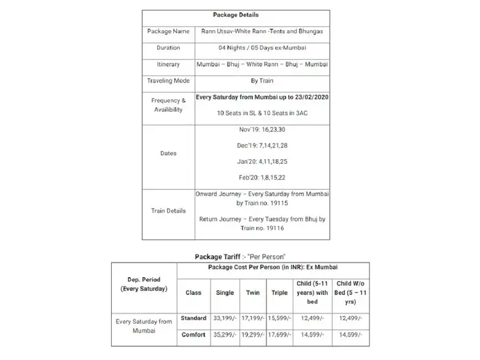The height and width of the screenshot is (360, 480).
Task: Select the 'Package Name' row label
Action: (168, 31)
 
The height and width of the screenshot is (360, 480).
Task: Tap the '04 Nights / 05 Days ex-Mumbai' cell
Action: (262, 48)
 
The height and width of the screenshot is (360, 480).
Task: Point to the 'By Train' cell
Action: (262, 81)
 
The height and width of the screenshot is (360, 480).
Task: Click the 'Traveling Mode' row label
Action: (168, 81)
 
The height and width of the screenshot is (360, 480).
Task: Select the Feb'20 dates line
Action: (262, 178)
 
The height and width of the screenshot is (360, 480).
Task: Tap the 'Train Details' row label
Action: (168, 211)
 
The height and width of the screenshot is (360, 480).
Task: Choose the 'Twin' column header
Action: (253, 292)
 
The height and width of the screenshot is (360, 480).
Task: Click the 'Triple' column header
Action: (279, 292)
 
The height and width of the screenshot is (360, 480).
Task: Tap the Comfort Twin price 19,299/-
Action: (253, 335)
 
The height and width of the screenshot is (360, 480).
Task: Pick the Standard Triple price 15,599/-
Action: (279, 318)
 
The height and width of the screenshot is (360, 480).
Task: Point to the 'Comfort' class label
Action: (193, 335)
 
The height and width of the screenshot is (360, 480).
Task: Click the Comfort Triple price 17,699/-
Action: (279, 335)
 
